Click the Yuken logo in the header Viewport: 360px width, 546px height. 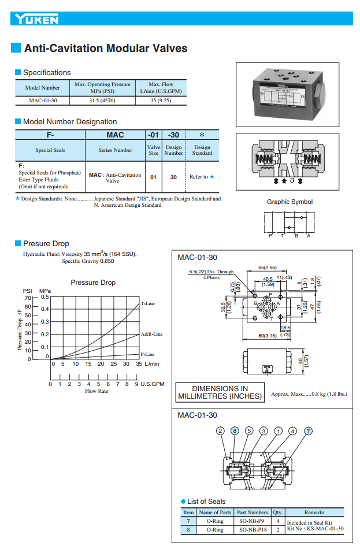tap(38, 20)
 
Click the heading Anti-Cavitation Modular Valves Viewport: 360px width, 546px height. tap(106, 49)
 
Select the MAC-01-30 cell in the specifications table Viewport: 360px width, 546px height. tap(42, 100)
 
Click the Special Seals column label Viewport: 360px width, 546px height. tap(50, 150)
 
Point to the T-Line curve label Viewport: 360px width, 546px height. tap(148, 303)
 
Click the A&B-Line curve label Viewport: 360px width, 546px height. tap(151, 334)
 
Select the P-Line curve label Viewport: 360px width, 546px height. tap(148, 354)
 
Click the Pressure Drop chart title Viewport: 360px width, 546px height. tap(93, 283)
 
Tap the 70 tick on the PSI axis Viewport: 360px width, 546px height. tap(27, 297)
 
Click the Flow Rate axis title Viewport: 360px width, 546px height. tap(97, 391)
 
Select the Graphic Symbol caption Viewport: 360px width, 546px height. tap(290, 202)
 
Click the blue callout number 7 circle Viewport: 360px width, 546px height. tap(308, 430)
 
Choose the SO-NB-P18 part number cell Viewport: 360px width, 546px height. tap(253, 529)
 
